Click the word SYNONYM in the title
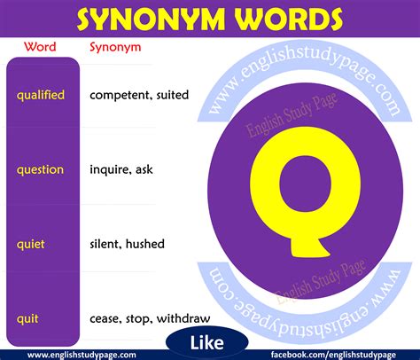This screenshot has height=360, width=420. (x=152, y=19)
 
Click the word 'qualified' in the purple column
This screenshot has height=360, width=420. (x=41, y=94)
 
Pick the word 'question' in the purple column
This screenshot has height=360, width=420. (x=41, y=168)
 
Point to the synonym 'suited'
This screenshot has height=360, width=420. (x=171, y=94)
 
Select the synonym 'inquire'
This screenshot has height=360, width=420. (x=110, y=168)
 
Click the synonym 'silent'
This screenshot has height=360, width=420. (x=106, y=243)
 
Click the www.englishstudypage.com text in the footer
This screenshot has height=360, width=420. (x=69, y=355)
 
